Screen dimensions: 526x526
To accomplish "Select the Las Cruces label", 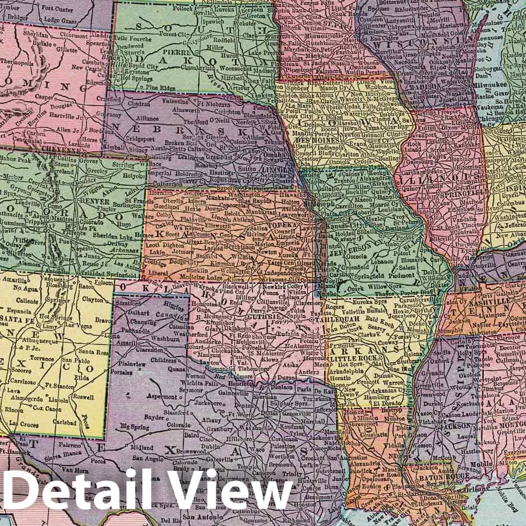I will [x=23, y=424].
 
